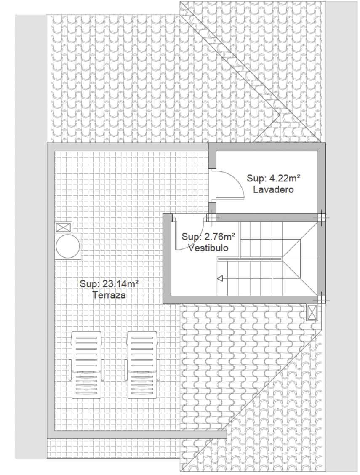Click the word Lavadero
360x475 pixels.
point(273,190)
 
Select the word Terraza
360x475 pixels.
point(109,295)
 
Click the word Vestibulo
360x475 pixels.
point(208,248)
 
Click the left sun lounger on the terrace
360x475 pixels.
point(86,365)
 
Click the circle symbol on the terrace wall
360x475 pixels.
point(68,246)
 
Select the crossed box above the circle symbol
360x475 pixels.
point(64,227)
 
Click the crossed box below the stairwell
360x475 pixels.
point(312,312)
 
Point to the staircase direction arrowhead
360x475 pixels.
point(220,278)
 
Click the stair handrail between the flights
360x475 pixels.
point(250,259)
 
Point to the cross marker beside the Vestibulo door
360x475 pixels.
point(211,218)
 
